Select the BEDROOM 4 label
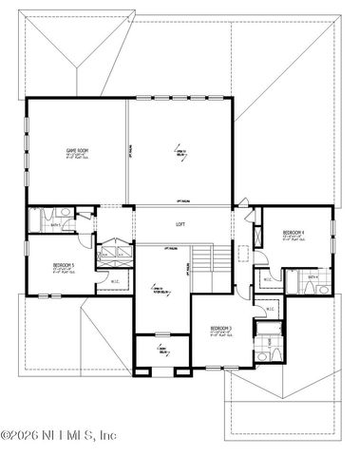(x=294, y=232)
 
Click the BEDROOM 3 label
(x=221, y=328)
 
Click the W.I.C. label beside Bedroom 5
(x=113, y=281)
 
